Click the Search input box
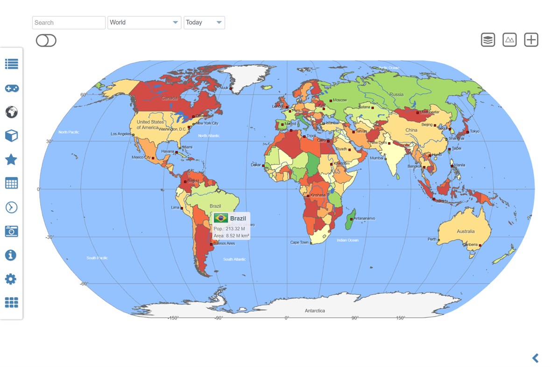69,22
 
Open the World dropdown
144,22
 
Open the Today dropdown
204,22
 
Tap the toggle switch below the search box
46,41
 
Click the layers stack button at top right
488,40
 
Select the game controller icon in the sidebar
11,88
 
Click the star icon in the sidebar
11,160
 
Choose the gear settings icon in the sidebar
11,279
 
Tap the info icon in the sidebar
11,255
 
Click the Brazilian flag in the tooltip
221,218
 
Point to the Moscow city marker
331,100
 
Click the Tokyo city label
474,132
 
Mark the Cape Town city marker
311,243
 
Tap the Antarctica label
315,311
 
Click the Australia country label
466,231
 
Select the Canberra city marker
480,245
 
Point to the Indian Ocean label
347,240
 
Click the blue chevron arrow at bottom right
536,358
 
